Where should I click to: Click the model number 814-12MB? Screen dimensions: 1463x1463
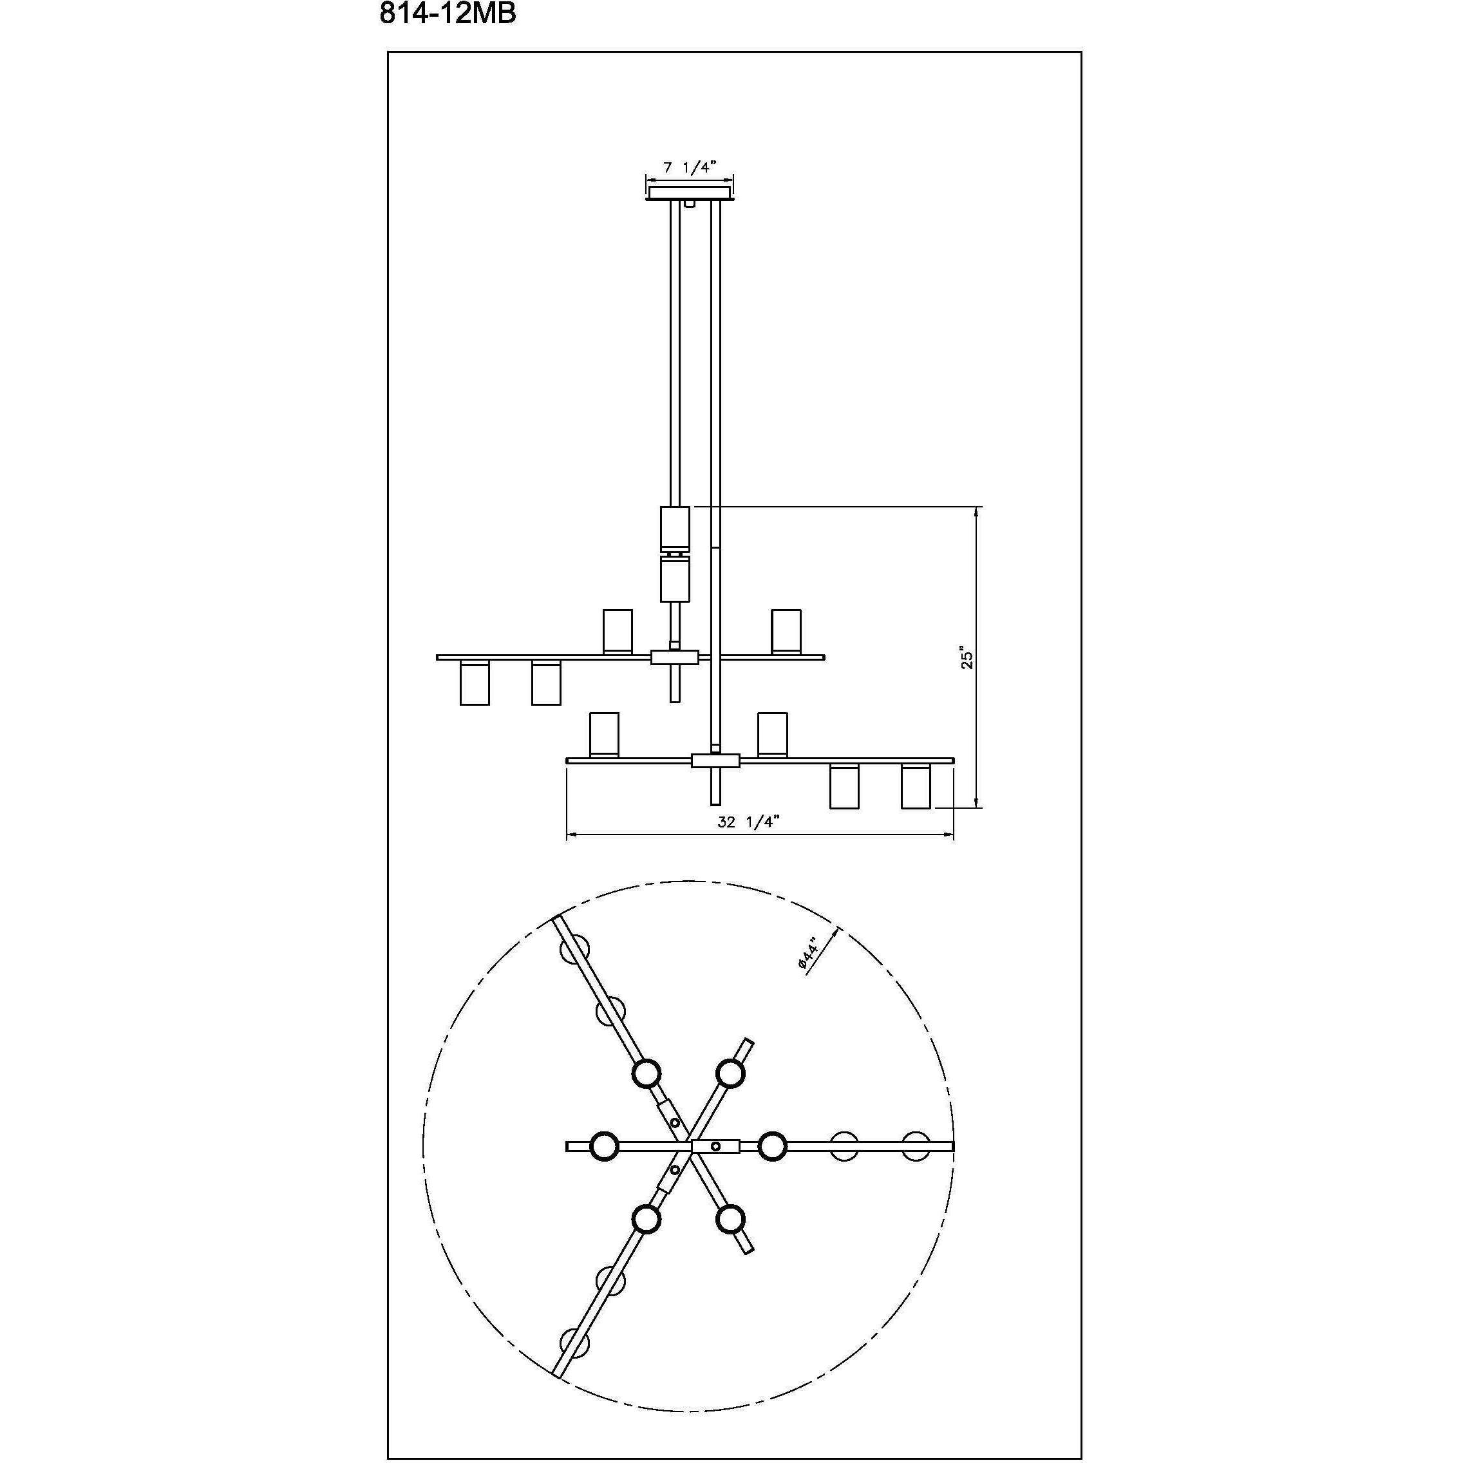pos(448,14)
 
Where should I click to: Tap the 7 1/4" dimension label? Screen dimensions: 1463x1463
pos(689,167)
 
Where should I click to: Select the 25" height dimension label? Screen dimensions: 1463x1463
pos(965,658)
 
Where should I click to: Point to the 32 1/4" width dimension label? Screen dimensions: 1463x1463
pos(748,822)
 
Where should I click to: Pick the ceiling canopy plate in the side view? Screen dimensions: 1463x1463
pos(690,194)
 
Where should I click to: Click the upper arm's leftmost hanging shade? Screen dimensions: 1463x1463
pos(474,683)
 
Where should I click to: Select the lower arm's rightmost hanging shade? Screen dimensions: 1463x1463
pos(916,787)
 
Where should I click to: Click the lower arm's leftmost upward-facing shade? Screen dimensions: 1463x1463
pos(604,734)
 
